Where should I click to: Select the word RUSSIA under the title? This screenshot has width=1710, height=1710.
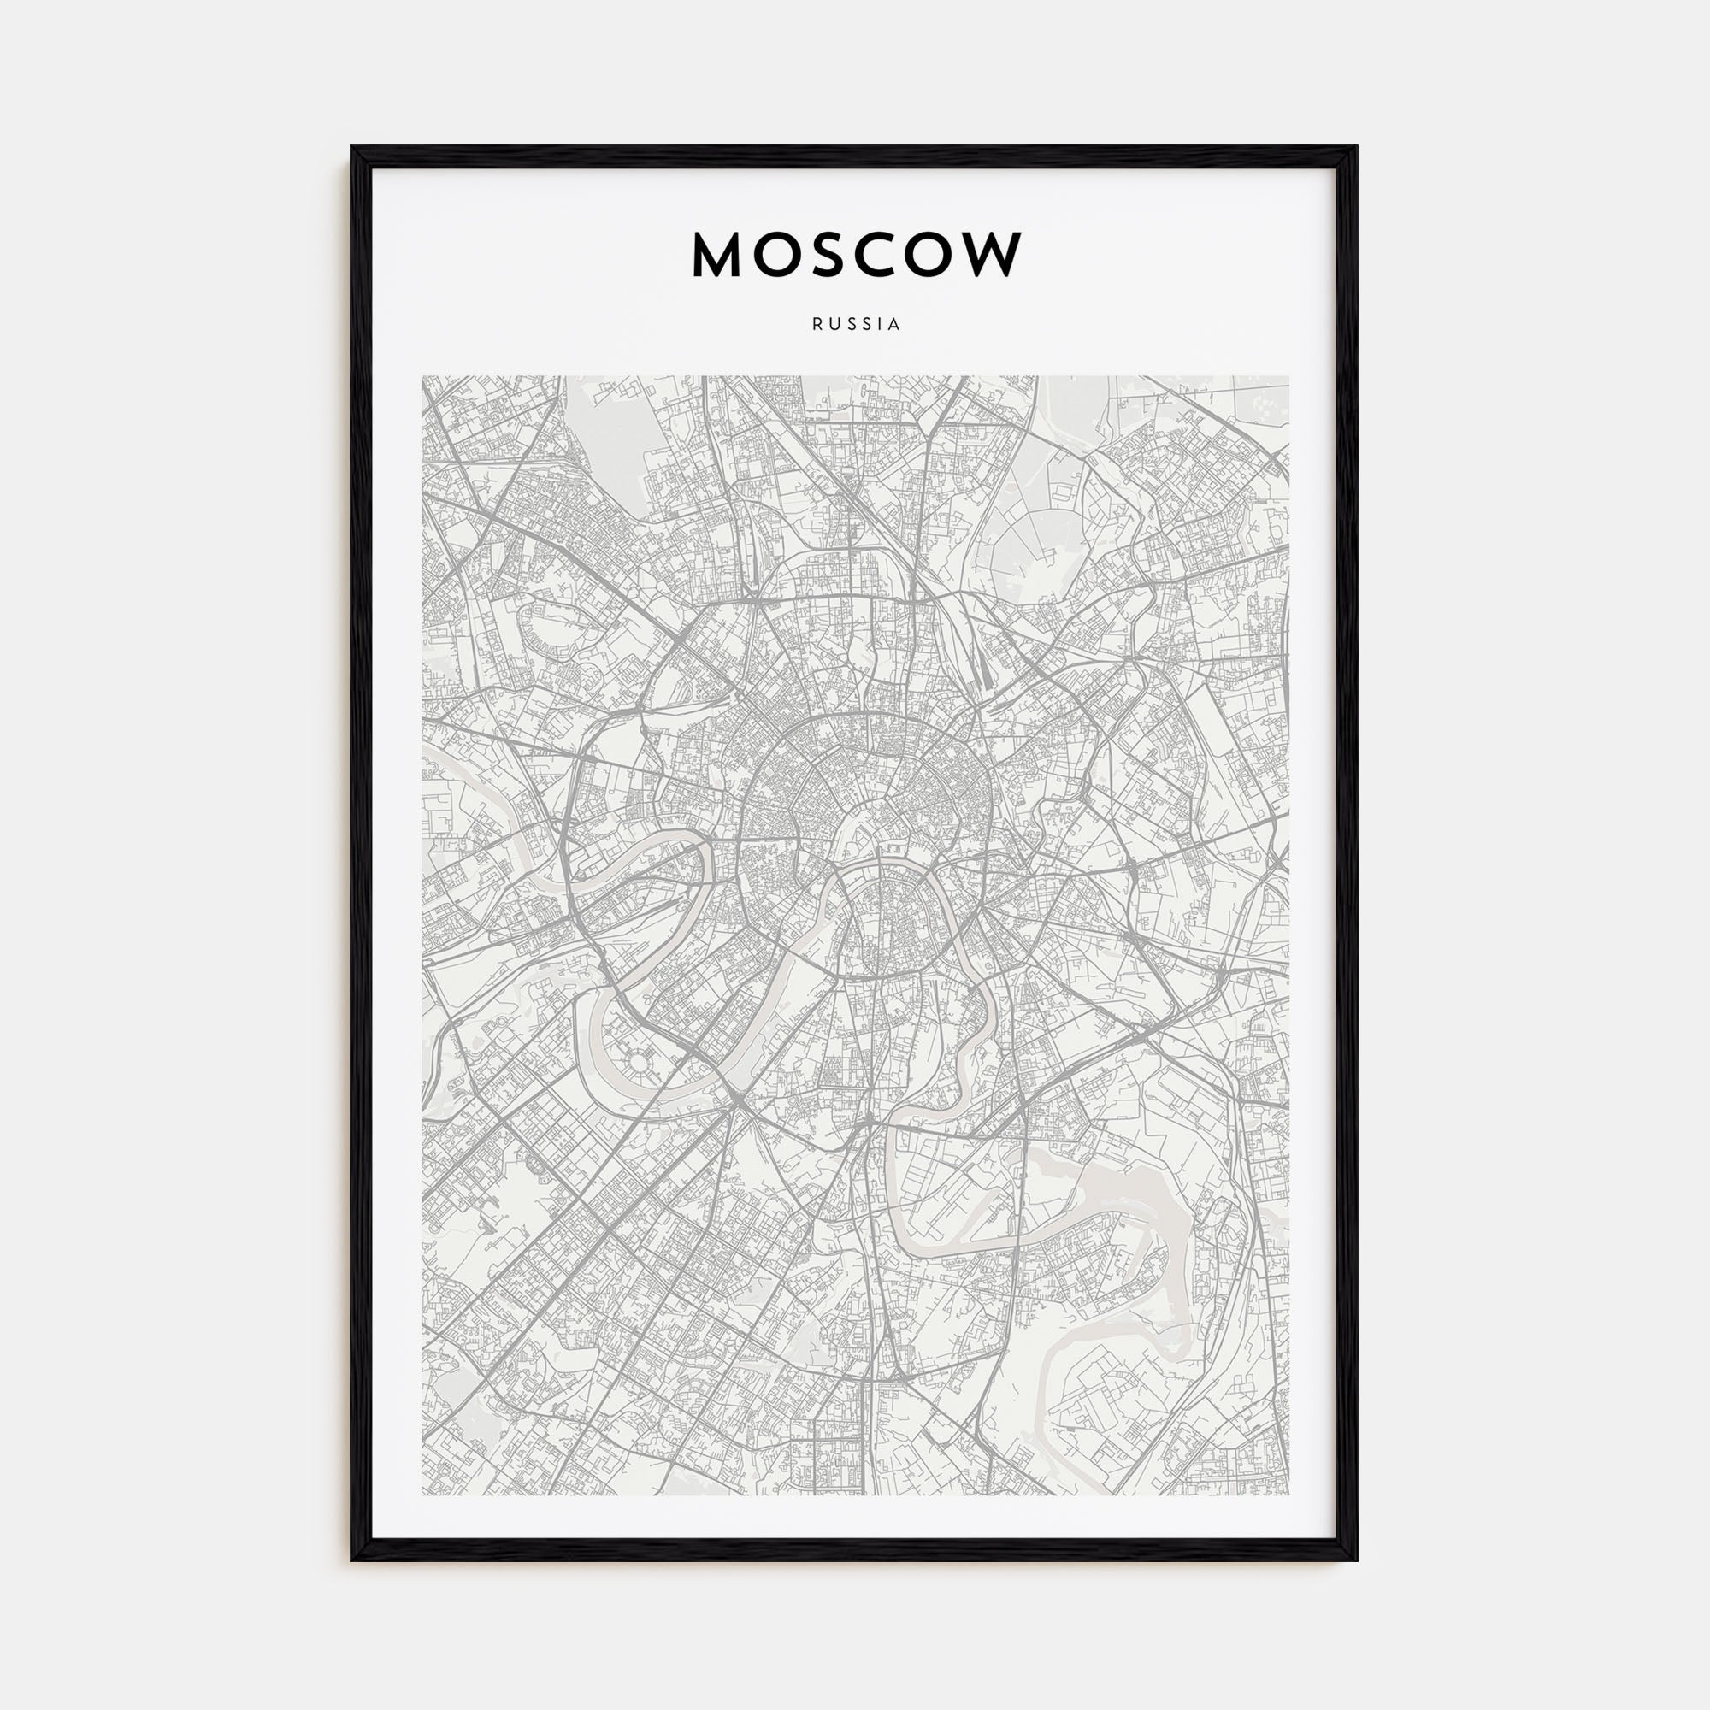(x=855, y=325)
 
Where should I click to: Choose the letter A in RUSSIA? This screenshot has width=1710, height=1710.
(x=896, y=325)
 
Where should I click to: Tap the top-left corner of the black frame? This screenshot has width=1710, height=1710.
(x=353, y=149)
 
